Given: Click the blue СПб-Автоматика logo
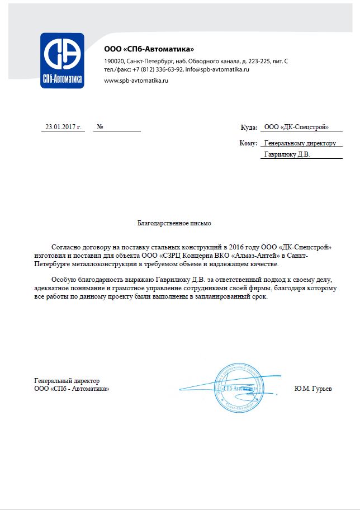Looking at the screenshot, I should click(x=62, y=60).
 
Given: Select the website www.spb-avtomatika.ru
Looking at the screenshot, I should click(x=136, y=81).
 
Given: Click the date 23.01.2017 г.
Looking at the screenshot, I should click(x=64, y=127).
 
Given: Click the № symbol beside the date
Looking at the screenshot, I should click(x=100, y=127).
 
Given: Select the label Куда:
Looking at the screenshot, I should click(x=249, y=127).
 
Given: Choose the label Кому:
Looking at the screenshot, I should click(x=248, y=143).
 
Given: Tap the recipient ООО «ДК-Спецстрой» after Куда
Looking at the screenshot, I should click(x=296, y=127).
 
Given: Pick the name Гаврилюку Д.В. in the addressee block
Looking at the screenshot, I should click(x=286, y=154).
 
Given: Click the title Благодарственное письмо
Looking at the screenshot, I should click(x=174, y=223).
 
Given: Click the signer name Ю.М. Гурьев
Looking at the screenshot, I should click(x=312, y=388).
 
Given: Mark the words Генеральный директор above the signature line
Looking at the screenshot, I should click(x=67, y=381).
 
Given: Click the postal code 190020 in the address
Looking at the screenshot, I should click(x=113, y=61).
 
